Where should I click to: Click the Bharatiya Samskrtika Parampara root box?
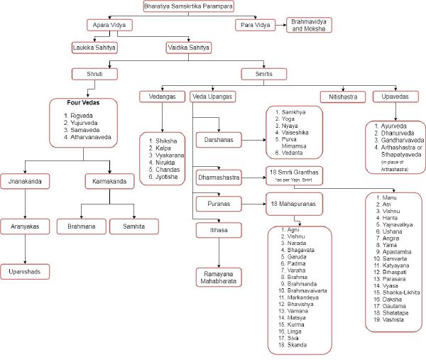coord(188,6)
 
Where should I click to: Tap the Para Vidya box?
coord(254,25)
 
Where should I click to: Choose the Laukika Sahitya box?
coord(94,48)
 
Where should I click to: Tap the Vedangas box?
coord(163,96)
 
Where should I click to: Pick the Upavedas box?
coord(395,96)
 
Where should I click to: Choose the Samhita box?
coord(133,226)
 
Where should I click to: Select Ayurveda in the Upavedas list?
coord(393,126)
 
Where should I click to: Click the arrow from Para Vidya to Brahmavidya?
coord(278,25)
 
